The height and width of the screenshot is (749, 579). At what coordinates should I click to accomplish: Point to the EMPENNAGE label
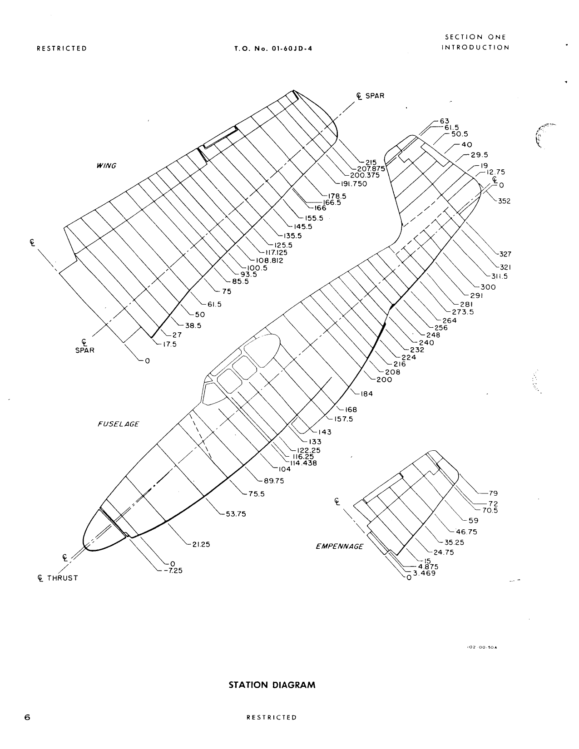tap(339, 547)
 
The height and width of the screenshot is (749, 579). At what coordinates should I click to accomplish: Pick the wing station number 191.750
tap(353, 184)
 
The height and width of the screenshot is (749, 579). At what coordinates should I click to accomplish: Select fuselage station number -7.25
tap(173, 571)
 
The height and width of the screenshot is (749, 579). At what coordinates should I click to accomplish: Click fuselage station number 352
tap(504, 201)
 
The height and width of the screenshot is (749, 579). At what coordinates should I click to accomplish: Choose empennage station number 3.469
tap(424, 573)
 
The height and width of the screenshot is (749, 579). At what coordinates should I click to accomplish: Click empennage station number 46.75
tap(465, 532)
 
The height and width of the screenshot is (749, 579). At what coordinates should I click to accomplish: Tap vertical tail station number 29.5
tap(479, 154)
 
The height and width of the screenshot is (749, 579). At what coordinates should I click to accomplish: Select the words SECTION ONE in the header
tap(475, 37)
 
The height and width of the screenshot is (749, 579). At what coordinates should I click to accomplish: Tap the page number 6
tap(28, 718)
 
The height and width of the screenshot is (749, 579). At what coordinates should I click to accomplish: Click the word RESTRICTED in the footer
tap(271, 718)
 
